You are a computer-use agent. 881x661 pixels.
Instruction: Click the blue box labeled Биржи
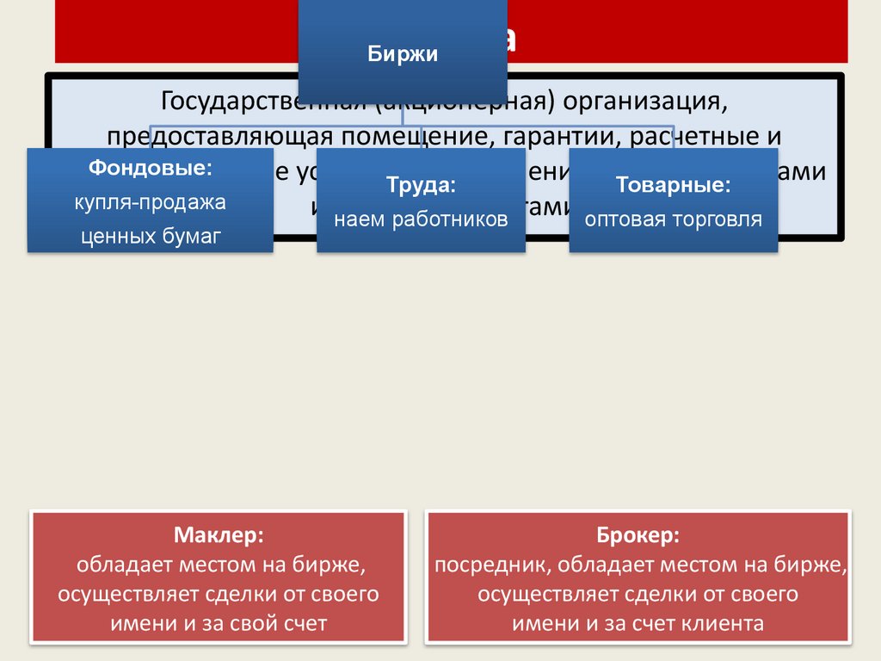(x=404, y=54)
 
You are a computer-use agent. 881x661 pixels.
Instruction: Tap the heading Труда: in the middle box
(x=421, y=185)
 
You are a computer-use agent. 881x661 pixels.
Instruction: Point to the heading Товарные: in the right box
(x=674, y=185)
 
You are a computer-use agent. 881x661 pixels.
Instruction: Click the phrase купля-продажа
(x=150, y=203)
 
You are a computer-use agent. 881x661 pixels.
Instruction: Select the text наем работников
(x=421, y=219)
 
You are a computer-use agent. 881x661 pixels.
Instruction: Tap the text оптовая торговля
(x=674, y=219)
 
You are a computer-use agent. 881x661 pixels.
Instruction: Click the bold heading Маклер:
(x=219, y=535)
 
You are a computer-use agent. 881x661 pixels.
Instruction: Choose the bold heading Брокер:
(x=638, y=535)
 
